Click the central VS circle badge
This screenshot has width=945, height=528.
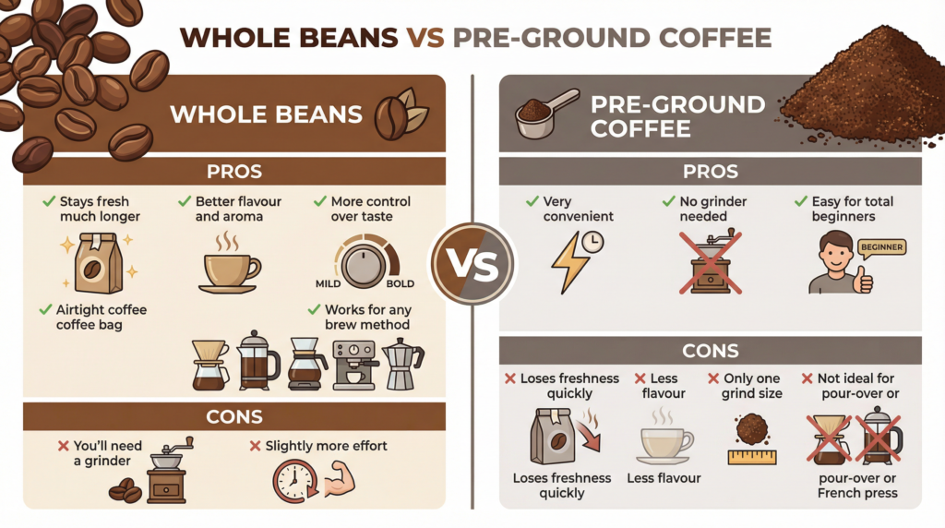click(472, 263)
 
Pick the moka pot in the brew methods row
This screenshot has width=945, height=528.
click(401, 364)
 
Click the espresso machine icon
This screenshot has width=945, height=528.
click(354, 366)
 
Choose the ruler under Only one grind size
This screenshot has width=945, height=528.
click(752, 456)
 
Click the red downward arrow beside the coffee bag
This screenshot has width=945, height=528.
click(588, 433)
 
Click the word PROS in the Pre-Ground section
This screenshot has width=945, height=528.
click(710, 171)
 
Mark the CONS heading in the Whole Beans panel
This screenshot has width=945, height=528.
click(234, 416)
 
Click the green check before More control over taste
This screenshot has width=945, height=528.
click(319, 201)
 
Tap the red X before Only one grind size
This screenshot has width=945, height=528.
click(712, 378)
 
